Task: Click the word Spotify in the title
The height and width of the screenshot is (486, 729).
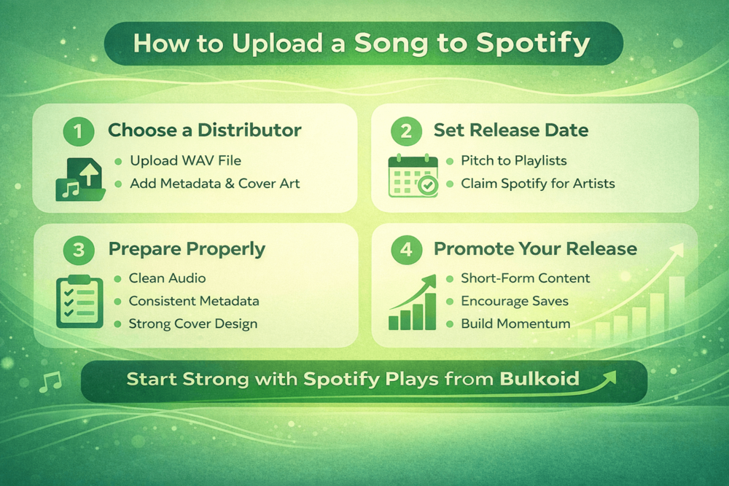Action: tap(533, 43)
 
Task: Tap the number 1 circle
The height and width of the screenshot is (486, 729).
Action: tap(79, 132)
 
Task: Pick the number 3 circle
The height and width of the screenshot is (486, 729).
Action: tap(79, 250)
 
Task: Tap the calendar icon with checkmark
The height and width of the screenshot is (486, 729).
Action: tap(413, 176)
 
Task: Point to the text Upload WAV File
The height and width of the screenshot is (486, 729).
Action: tap(185, 161)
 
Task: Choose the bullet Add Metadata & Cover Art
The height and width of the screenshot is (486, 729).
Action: tap(214, 184)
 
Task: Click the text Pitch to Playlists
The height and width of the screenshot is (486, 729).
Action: tap(514, 161)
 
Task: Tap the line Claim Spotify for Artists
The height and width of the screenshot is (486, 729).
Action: tap(538, 184)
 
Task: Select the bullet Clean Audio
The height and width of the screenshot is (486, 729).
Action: tap(167, 278)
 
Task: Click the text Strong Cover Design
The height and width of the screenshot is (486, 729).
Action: tap(192, 324)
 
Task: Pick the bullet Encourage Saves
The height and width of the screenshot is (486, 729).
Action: tap(515, 301)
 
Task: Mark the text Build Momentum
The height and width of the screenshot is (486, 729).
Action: tap(515, 324)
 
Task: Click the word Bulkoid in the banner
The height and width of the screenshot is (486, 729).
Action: tap(539, 379)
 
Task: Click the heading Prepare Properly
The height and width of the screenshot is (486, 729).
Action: tap(187, 249)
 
